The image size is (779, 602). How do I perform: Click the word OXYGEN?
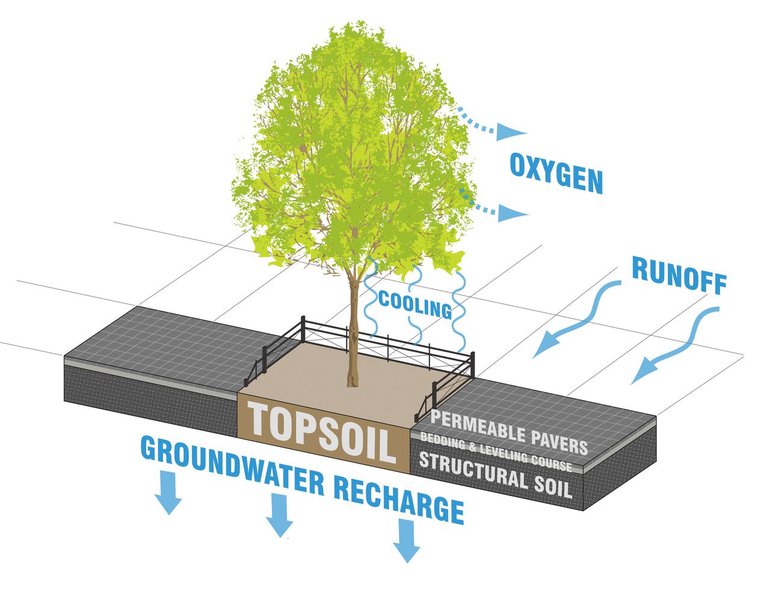(x=556, y=174)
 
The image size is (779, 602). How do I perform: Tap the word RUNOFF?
(x=679, y=276)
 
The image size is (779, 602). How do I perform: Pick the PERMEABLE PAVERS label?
(x=509, y=432)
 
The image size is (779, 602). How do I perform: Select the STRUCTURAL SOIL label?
(x=494, y=474)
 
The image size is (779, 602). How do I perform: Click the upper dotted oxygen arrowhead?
(x=511, y=133)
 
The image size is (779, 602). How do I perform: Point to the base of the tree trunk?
(x=351, y=380)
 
